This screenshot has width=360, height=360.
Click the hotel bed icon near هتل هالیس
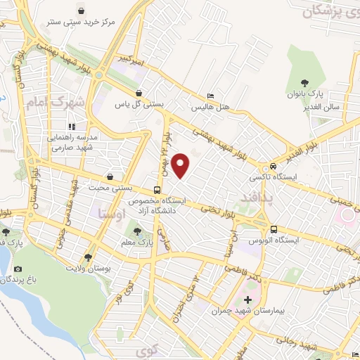pyautogui.click(x=210, y=96)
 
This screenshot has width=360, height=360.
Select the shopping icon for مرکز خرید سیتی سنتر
pyautogui.click(x=82, y=11)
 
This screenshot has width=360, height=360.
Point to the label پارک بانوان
pyautogui.click(x=304, y=94)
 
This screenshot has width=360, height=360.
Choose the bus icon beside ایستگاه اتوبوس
pyautogui.click(x=274, y=229)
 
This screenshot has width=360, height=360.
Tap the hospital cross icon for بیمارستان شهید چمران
pyautogui.click(x=247, y=300)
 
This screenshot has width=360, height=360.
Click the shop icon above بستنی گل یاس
pyautogui.click(x=139, y=93)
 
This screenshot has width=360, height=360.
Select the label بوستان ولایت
pyautogui.click(x=87, y=269)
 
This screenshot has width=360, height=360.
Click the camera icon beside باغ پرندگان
pyautogui.click(x=18, y=269)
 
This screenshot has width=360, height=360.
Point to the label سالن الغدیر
pyautogui.click(x=302, y=106)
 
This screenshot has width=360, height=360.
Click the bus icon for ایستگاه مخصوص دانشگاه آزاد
pyautogui.click(x=157, y=190)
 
